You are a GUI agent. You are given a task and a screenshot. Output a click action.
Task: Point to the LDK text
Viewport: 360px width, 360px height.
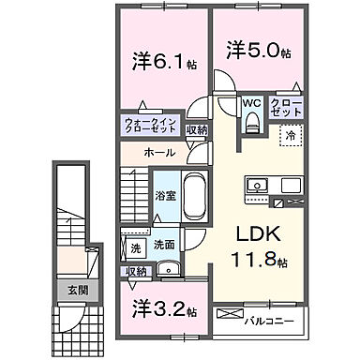click(x=252, y=232)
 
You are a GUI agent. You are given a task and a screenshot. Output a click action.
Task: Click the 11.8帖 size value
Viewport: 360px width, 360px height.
click(x=254, y=259)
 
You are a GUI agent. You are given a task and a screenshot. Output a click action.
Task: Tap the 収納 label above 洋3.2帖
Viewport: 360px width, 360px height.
click(x=137, y=271)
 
